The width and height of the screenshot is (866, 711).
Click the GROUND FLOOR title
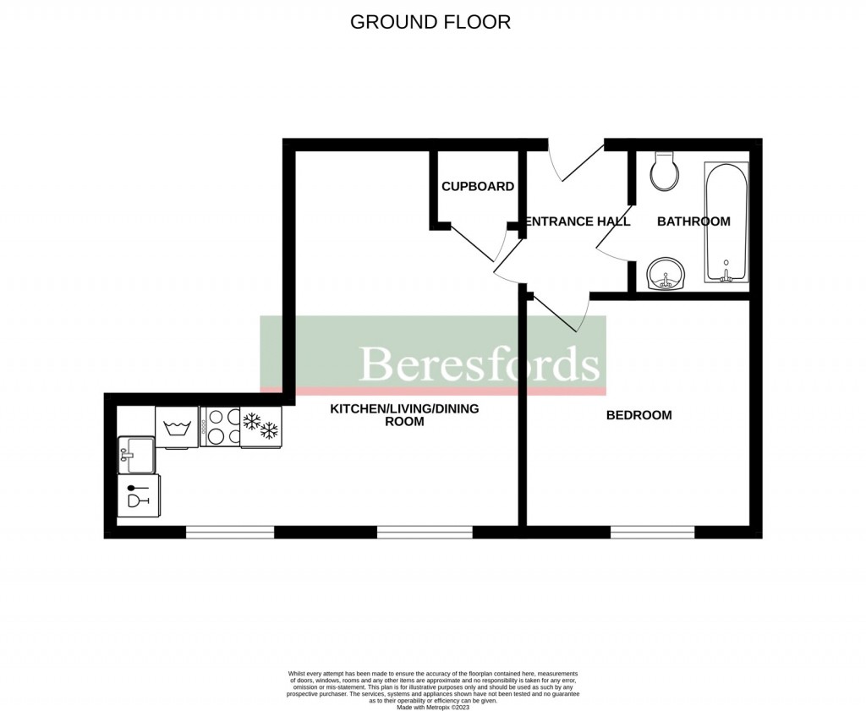(x=430, y=22)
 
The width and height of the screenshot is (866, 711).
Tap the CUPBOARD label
(x=477, y=186)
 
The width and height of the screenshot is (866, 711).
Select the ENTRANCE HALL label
(x=578, y=222)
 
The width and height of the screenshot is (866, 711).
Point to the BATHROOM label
(x=693, y=222)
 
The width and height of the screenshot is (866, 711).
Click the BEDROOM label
(x=639, y=415)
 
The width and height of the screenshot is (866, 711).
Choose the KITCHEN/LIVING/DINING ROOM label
(x=403, y=415)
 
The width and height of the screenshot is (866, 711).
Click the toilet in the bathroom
(x=664, y=172)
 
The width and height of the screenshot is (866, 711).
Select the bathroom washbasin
(x=668, y=275)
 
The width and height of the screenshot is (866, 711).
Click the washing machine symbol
(x=177, y=427)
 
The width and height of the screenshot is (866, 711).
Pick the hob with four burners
(x=219, y=427)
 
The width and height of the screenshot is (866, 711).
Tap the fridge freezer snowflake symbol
(x=260, y=426)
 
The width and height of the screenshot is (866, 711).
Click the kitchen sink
(x=135, y=455)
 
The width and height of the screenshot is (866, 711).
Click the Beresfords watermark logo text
(x=480, y=364)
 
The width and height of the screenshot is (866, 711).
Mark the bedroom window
(x=652, y=532)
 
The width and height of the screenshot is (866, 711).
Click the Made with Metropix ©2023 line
(x=432, y=706)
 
